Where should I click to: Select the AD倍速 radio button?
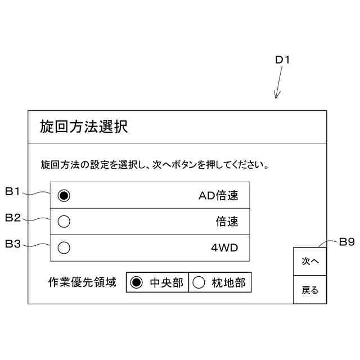click(64, 196)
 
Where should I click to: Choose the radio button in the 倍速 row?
click(64, 222)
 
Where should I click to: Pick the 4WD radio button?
click(64, 247)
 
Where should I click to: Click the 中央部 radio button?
click(136, 283)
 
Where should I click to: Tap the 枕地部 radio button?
click(199, 283)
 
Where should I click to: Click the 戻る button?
click(310, 290)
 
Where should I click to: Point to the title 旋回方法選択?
click(84, 127)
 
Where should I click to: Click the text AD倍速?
click(218, 196)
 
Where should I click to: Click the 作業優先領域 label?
click(82, 282)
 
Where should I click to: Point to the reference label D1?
click(282, 60)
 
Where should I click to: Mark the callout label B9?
click(346, 242)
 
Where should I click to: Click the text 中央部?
click(166, 283)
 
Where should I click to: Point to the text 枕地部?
click(228, 283)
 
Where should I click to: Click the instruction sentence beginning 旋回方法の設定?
click(154, 165)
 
